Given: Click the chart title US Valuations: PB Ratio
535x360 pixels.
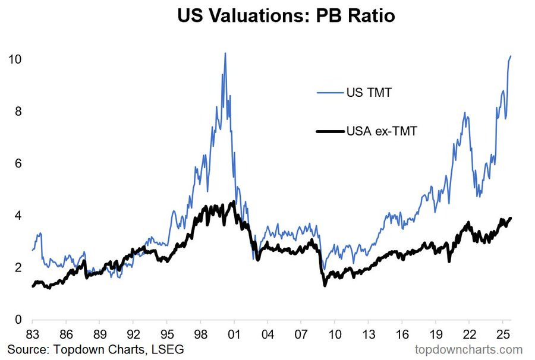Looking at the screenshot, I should [286, 16].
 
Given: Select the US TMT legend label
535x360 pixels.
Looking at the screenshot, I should [368, 93].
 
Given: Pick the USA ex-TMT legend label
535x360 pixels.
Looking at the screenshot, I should [382, 131].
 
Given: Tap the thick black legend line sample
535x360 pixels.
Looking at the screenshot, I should [330, 131].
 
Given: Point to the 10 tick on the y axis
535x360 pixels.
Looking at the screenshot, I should [15, 59].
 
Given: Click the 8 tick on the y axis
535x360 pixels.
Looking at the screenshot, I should [18, 112].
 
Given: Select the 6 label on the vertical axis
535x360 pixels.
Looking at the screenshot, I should [18, 163].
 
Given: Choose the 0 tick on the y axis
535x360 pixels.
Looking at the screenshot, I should [18, 320].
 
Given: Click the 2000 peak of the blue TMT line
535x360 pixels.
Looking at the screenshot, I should [225, 53].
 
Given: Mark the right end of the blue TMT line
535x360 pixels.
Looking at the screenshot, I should [511, 56].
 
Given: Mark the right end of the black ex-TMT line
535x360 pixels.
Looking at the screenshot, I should [511, 218].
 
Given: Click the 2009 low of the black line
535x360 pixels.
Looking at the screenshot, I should [325, 286].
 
